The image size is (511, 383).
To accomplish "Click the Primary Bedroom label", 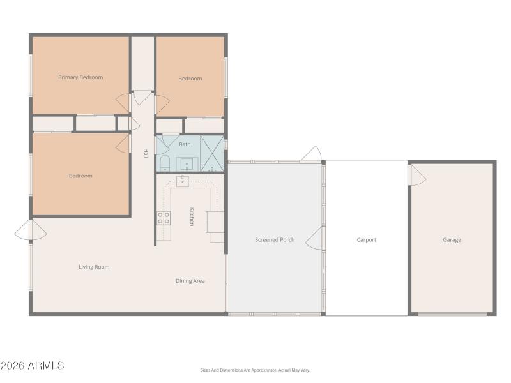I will click(80, 77).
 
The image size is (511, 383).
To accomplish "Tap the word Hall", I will click(146, 153).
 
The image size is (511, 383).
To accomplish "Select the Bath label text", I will click(185, 144).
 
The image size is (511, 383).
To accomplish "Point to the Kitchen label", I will click(191, 216).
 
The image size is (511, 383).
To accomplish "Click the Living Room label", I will click(94, 267).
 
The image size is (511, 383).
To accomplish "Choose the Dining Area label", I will click(190, 281).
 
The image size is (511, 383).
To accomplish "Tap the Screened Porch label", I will click(275, 240).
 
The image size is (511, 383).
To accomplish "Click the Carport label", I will click(367, 240).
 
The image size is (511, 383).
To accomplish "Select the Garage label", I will click(452, 240).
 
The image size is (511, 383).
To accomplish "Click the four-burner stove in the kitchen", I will click(164, 218).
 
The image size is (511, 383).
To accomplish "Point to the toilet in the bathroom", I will click(164, 163).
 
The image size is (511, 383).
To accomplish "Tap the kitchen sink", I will click(183, 181).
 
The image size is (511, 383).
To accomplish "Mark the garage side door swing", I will click(417, 176).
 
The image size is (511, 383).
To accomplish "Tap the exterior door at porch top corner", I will click(311, 154).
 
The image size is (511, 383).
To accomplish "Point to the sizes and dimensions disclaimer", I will click(255, 370).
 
